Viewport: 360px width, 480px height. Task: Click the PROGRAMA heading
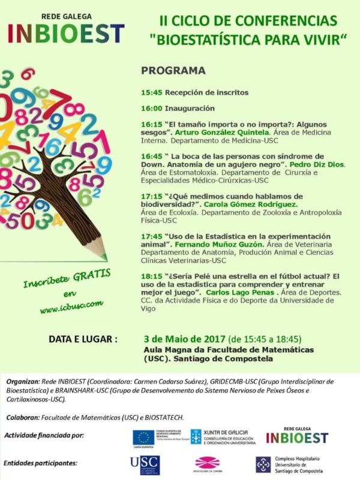(173, 71)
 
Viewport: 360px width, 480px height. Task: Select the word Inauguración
(190, 109)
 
